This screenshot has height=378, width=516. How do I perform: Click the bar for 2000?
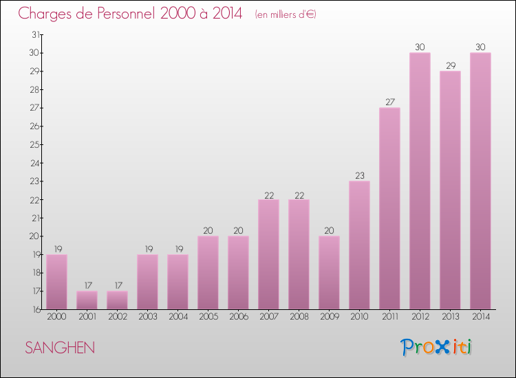coord(56,282)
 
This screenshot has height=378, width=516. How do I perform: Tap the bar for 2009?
coord(329,272)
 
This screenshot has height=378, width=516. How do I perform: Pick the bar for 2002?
coord(117,300)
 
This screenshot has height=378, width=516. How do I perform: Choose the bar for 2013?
coord(450,190)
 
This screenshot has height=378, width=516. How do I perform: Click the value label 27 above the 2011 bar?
coord(389,102)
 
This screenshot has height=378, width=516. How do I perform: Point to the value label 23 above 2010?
coord(359,175)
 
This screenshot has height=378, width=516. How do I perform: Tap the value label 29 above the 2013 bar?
coord(450,65)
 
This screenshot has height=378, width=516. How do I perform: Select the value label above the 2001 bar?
coord(87,285)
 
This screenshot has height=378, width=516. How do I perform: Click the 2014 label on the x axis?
coord(480,318)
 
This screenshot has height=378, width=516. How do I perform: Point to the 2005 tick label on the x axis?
coord(208,318)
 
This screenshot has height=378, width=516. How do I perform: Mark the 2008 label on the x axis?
coord(299,318)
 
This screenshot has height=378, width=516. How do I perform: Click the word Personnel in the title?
coord(114,14)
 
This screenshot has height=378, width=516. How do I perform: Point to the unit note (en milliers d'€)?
coord(286,14)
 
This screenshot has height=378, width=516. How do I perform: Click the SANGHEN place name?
coord(60,348)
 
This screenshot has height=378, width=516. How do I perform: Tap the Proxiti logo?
coord(436,347)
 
